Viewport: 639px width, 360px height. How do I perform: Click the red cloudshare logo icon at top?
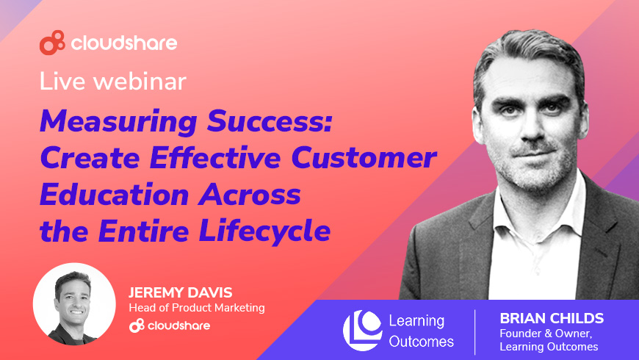(x=52, y=43)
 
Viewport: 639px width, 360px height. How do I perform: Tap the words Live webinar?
(x=112, y=81)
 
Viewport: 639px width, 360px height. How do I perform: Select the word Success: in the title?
(x=270, y=120)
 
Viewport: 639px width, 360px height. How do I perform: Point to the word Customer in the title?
(x=364, y=157)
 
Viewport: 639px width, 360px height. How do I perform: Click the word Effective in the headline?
(x=214, y=157)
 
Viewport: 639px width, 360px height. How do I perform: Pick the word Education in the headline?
(x=114, y=194)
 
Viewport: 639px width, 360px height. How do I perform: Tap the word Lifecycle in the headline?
(x=264, y=231)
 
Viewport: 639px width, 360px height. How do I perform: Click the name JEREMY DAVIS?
(x=180, y=292)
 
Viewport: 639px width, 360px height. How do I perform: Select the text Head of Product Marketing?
(x=197, y=307)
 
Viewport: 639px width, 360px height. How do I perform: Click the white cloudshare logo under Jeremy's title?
(x=170, y=325)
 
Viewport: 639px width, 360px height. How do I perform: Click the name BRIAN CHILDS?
(x=552, y=318)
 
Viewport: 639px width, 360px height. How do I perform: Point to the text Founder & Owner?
(x=546, y=334)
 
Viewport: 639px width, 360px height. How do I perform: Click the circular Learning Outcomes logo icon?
(x=362, y=330)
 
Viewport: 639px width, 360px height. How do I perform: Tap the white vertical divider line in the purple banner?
(x=475, y=332)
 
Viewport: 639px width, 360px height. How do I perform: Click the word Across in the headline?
(x=250, y=195)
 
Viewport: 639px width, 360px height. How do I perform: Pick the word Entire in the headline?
(x=143, y=231)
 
